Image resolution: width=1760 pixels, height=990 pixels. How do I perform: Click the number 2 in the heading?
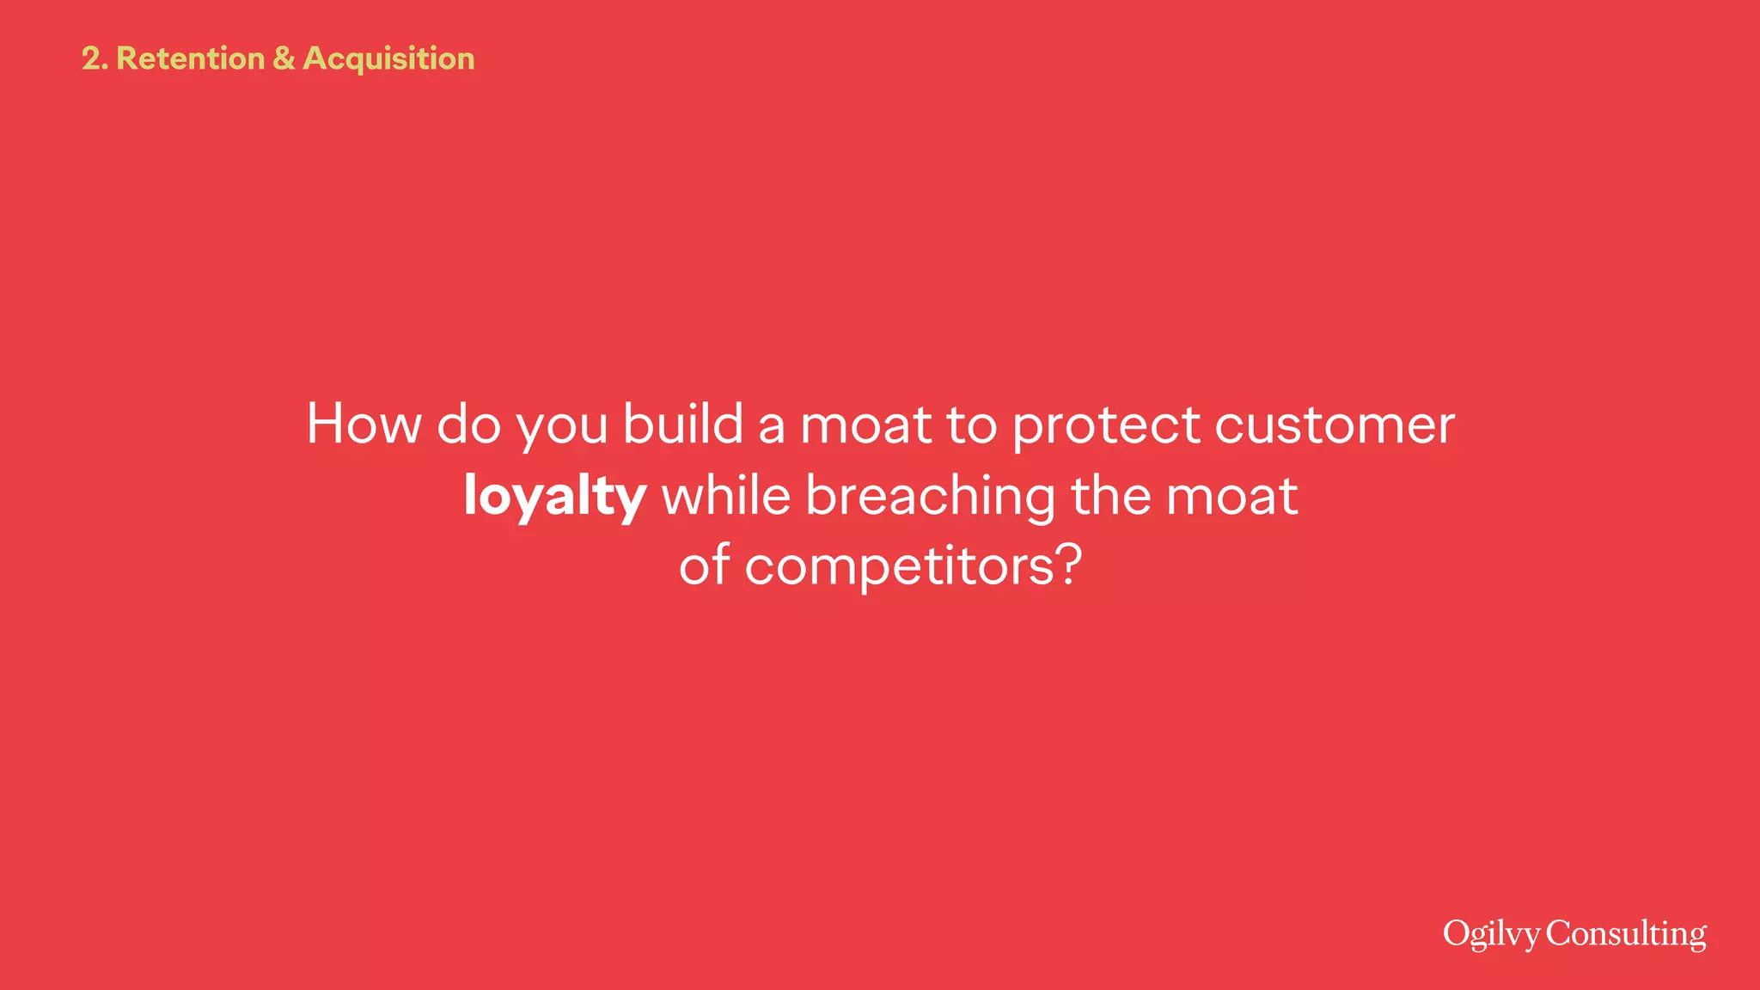(x=91, y=58)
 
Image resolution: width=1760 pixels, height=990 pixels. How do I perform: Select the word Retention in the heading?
(x=190, y=58)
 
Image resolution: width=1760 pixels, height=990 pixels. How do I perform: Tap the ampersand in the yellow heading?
(x=284, y=58)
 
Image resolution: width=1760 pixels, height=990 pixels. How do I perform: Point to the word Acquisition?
(x=388, y=58)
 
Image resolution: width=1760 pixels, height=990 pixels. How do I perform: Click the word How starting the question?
(x=364, y=424)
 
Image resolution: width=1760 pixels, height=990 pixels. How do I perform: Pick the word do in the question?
(x=468, y=424)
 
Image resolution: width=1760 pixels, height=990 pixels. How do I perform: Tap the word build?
(x=683, y=424)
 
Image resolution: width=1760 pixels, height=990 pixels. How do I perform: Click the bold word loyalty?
(x=554, y=497)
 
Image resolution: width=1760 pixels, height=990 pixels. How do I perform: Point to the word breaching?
(x=930, y=497)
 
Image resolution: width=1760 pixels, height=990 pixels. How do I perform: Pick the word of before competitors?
(x=704, y=566)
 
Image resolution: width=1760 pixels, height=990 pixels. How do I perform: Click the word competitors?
(x=898, y=568)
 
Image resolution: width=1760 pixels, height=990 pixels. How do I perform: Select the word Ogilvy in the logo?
(x=1491, y=934)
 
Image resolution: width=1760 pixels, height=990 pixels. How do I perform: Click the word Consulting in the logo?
(x=1626, y=934)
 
